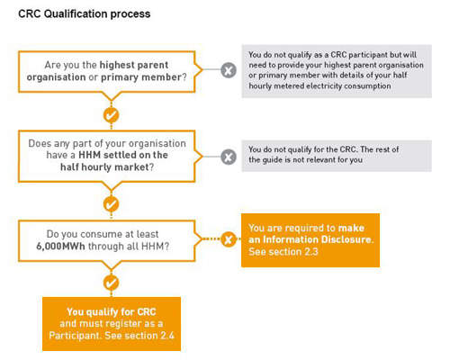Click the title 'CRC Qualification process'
pyautogui.click(x=85, y=13)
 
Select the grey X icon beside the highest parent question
pyautogui.click(x=229, y=70)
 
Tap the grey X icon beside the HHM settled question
pyautogui.click(x=229, y=157)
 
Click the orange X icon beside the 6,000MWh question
pyautogui.click(x=229, y=239)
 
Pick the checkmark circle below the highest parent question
pyautogui.click(x=112, y=115)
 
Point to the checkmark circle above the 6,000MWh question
pyautogui.click(x=112, y=204)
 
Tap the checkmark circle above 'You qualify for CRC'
pyautogui.click(x=112, y=283)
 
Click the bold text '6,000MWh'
pyautogui.click(x=60, y=247)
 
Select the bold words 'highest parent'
pyautogui.click(x=134, y=65)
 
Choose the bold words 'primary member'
pyautogui.click(x=141, y=77)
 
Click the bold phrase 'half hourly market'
pyautogui.click(x=104, y=166)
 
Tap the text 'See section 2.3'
pyautogui.click(x=283, y=251)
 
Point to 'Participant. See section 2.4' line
pyautogui.click(x=112, y=335)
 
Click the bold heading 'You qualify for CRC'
pyautogui.click(x=112, y=311)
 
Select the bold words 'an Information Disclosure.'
pyautogui.click(x=311, y=239)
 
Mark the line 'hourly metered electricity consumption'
pyautogui.click(x=319, y=86)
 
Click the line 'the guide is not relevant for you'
pyautogui.click(x=305, y=160)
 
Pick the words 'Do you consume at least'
pyautogui.click(x=103, y=234)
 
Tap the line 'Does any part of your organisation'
pyautogui.click(x=107, y=143)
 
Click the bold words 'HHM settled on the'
pyautogui.click(x=123, y=155)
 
